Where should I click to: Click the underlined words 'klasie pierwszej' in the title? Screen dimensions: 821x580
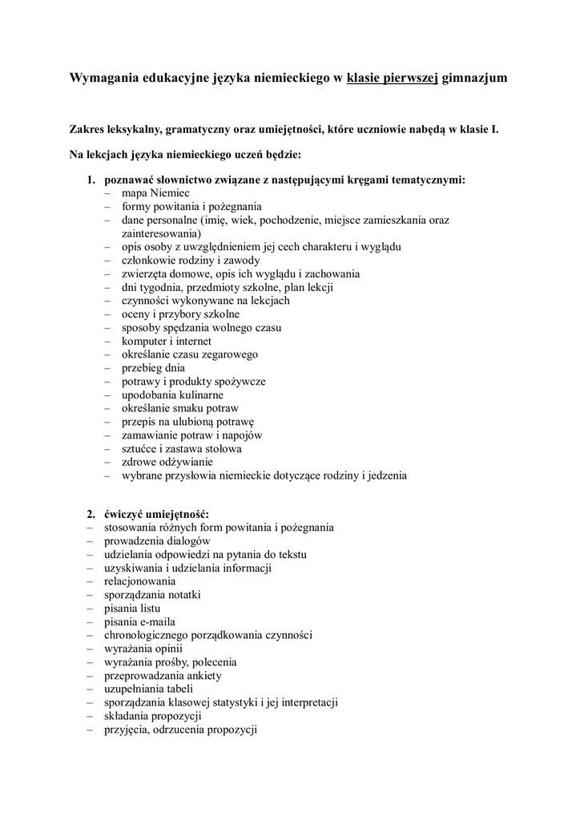[x=392, y=79]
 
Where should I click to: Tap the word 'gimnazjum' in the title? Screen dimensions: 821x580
[x=474, y=79]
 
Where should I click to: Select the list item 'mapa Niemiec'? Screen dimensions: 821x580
[x=155, y=194]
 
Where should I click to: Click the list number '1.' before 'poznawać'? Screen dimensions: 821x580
[x=92, y=180]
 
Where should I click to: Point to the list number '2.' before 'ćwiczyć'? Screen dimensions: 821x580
[x=92, y=514]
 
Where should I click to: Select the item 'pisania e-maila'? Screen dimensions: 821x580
[x=139, y=621]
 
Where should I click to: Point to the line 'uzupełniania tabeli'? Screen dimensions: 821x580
[x=148, y=688]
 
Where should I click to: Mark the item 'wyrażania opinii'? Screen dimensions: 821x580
[x=143, y=648]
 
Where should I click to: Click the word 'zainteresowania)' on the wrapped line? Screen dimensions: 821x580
[x=160, y=233]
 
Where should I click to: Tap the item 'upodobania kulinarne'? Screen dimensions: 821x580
[x=172, y=394]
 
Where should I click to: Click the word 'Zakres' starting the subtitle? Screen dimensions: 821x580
[x=88, y=128]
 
